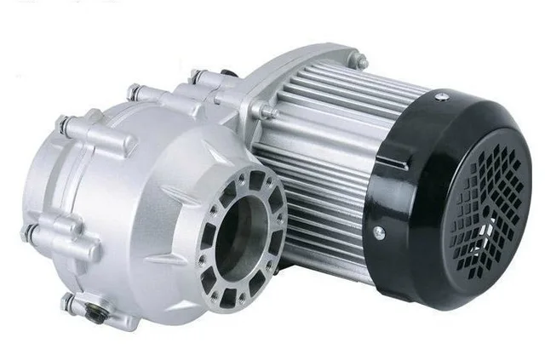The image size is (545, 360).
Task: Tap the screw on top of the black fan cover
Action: coord(441,99)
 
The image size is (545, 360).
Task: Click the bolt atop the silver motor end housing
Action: coord(362,62)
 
